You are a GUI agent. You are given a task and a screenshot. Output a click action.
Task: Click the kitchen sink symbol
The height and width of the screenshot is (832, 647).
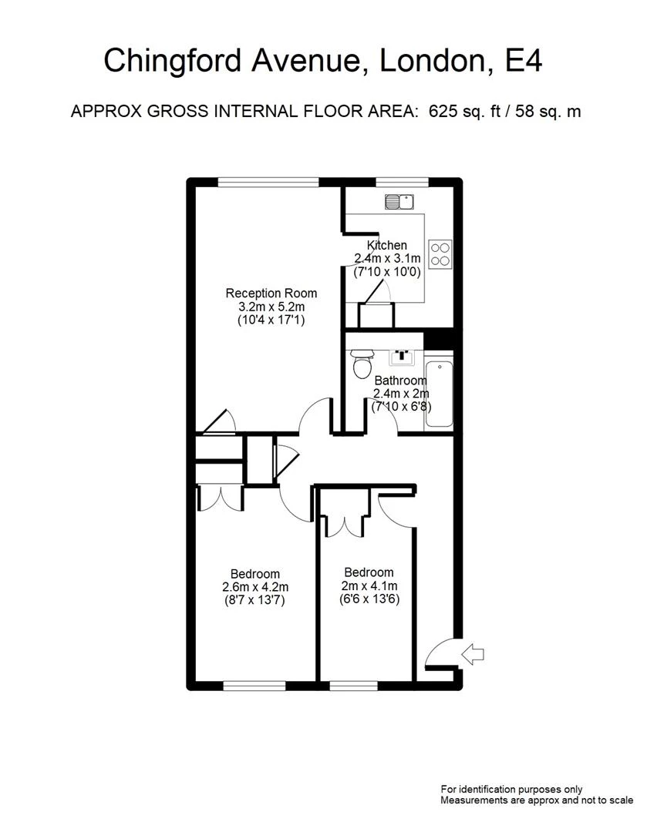400,202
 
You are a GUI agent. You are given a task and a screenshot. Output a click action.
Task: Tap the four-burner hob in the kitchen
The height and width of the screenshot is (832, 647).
440,253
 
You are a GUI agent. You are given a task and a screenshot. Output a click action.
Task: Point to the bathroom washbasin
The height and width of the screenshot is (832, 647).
401,356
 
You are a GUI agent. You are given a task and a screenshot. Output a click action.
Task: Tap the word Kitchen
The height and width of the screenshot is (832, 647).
386,245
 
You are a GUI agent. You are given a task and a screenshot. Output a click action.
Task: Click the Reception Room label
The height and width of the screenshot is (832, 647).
271,293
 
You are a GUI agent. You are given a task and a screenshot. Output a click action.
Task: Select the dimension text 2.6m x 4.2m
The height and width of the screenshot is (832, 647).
255,587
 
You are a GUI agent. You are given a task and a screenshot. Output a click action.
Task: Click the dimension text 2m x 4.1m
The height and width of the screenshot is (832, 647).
369,585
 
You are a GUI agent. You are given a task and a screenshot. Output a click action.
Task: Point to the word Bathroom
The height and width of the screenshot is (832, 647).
400,381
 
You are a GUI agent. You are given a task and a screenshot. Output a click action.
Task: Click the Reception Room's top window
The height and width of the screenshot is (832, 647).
268,182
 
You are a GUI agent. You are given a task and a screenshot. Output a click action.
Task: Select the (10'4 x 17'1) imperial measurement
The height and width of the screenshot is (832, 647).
271,320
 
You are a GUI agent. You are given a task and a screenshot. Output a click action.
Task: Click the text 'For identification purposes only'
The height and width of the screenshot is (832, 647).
511,789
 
